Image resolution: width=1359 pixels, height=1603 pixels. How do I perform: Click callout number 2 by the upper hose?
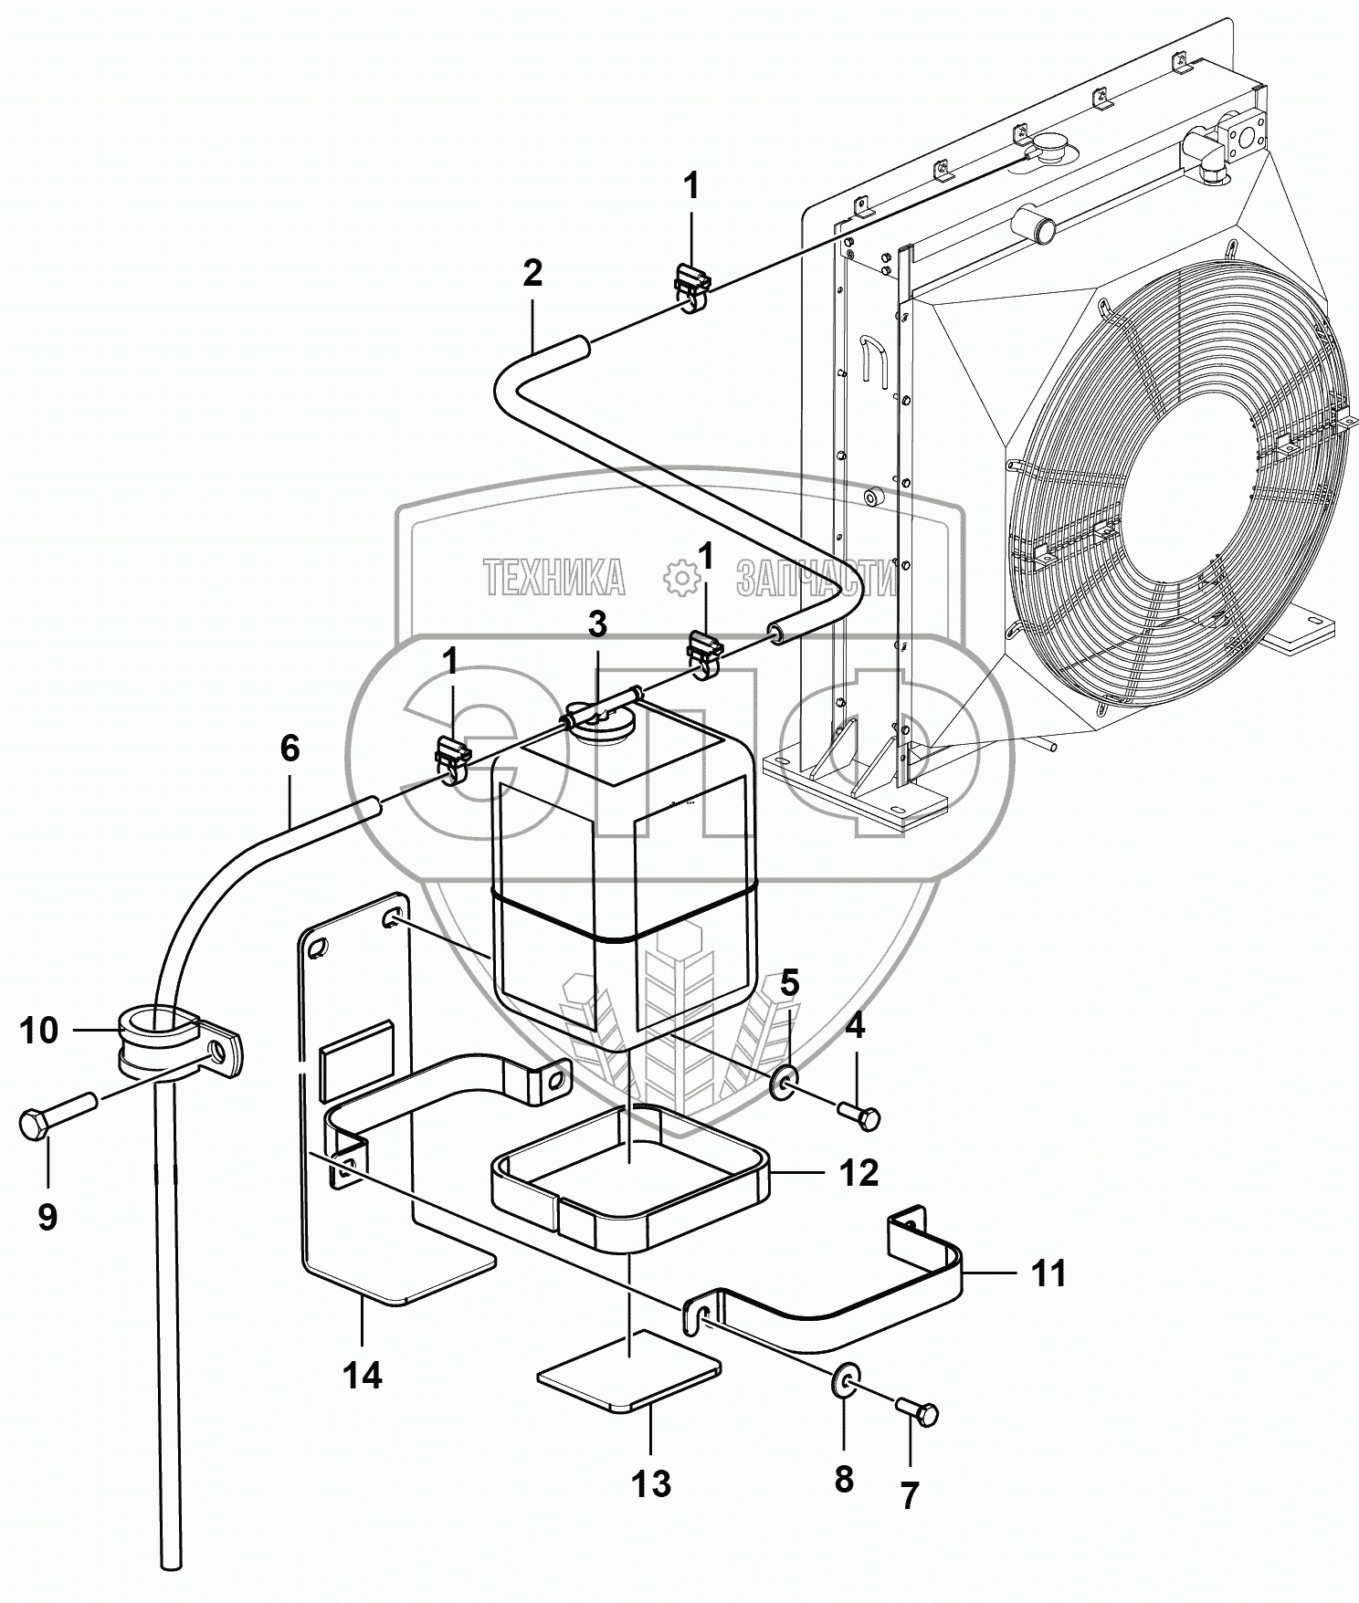(532, 272)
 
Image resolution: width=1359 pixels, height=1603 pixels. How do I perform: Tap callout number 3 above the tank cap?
(596, 625)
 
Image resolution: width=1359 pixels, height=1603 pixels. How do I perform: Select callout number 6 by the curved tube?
(290, 749)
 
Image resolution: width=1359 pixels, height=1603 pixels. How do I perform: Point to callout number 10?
(38, 1032)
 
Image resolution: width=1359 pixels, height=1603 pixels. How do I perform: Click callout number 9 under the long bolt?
(47, 1217)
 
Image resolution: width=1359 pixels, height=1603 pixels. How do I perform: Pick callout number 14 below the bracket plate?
(363, 1375)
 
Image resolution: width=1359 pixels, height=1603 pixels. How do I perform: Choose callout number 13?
(651, 1485)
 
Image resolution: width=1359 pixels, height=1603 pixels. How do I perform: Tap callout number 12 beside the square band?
(859, 1173)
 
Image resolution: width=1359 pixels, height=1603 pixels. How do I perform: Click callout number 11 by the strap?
(1048, 1273)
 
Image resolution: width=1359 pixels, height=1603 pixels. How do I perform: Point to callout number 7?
(909, 1496)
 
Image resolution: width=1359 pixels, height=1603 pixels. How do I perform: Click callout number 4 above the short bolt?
(854, 1027)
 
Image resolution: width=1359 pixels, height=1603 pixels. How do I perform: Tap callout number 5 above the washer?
(789, 983)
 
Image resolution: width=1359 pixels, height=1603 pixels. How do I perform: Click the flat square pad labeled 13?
(629, 1370)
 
